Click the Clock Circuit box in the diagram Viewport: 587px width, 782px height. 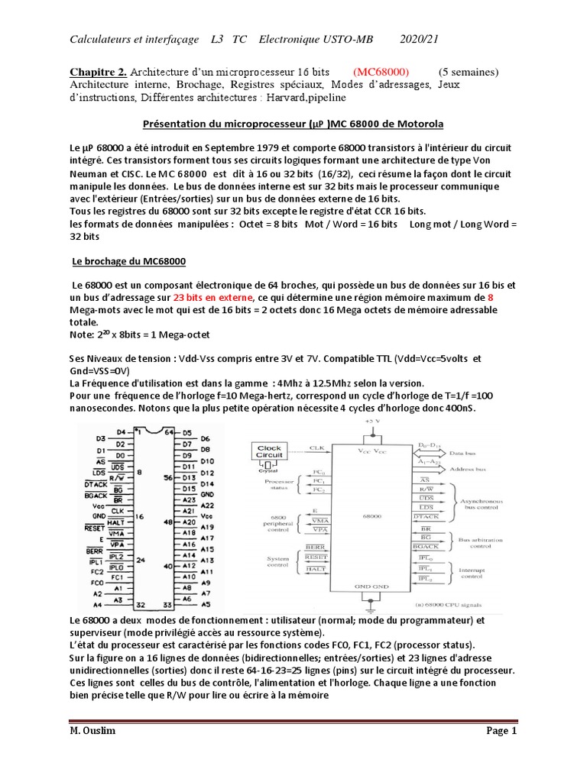269,452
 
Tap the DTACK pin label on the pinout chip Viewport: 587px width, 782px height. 95,484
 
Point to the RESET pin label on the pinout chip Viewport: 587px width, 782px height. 93,527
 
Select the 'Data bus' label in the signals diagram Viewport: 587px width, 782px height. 480,452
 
